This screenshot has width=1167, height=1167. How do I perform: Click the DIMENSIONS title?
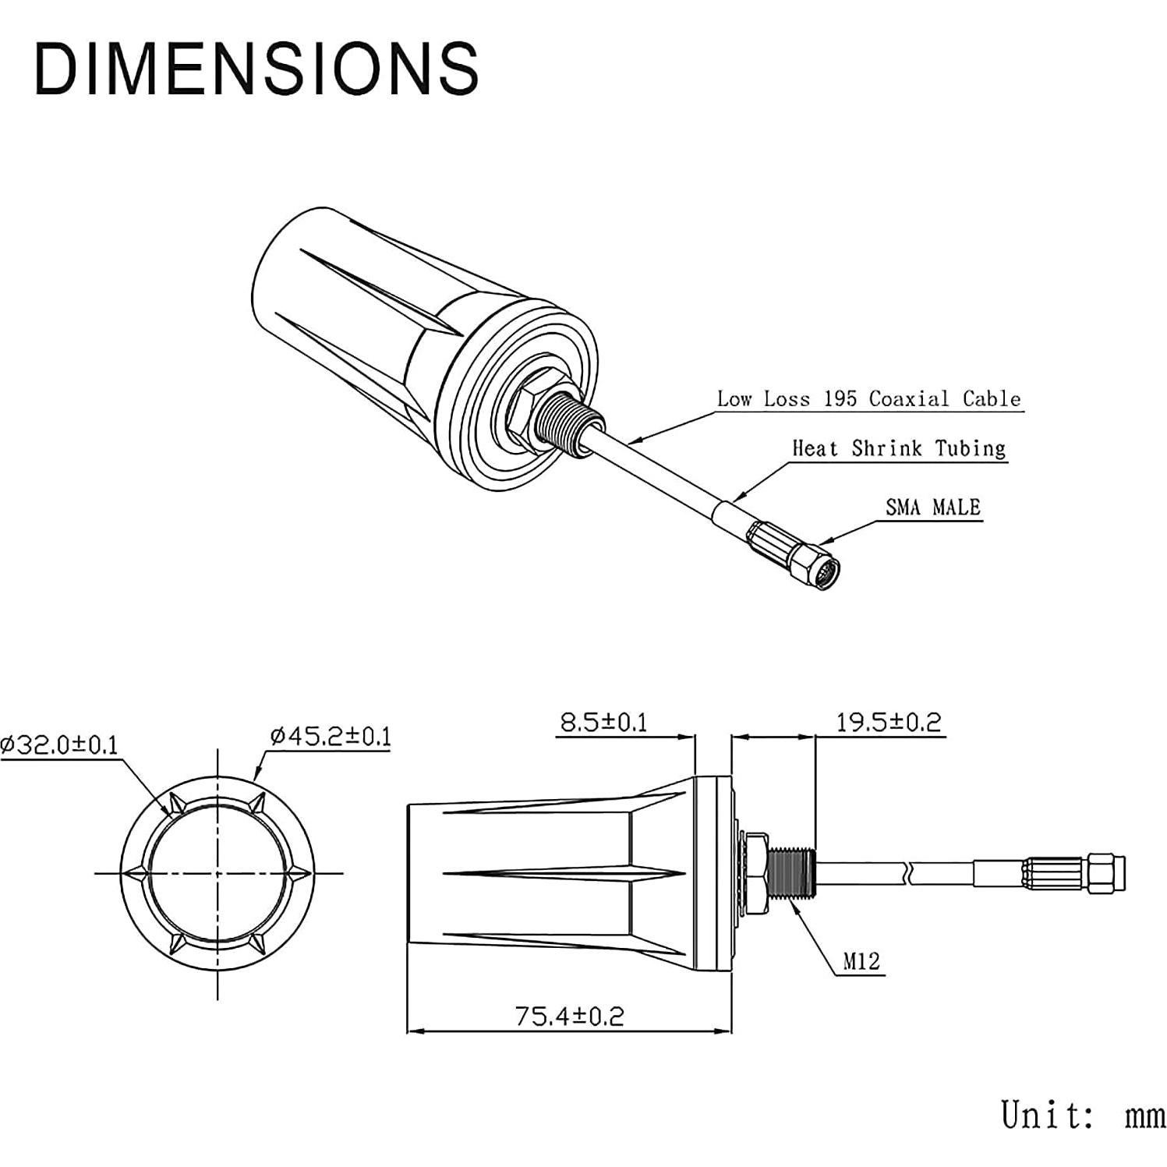coord(256,69)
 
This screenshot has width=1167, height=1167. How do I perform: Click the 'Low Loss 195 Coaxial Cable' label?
coord(868,399)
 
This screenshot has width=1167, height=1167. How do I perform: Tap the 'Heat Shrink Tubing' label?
coord(899,448)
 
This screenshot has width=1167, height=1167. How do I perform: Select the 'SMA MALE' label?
coord(933,507)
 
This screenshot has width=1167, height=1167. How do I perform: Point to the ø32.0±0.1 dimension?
coord(60,745)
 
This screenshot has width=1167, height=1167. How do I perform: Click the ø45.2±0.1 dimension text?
coord(331,736)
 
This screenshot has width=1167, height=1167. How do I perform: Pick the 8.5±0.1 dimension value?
coord(604,722)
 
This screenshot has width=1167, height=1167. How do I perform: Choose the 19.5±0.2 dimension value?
coord(889,722)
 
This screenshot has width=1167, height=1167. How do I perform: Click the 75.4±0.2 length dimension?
coord(569,1016)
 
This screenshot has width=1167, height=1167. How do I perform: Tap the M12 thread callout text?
coord(861,962)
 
